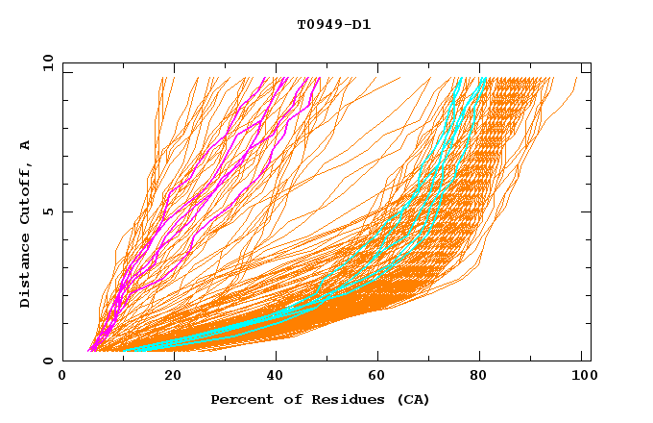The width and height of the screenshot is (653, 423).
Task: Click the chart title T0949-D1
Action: click(334, 24)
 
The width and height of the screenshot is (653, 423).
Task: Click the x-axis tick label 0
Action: click(62, 377)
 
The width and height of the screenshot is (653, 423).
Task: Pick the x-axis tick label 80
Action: click(482, 377)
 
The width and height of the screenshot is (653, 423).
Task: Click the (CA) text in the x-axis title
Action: click(411, 399)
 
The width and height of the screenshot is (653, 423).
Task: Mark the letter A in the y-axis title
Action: click(25, 144)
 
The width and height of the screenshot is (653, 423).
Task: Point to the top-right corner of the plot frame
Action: click(591, 62)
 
